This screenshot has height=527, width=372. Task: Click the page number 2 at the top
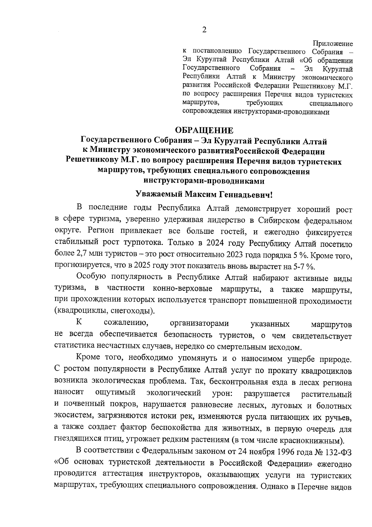click(x=204, y=30)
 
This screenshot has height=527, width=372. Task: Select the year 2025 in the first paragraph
click(x=141, y=266)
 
